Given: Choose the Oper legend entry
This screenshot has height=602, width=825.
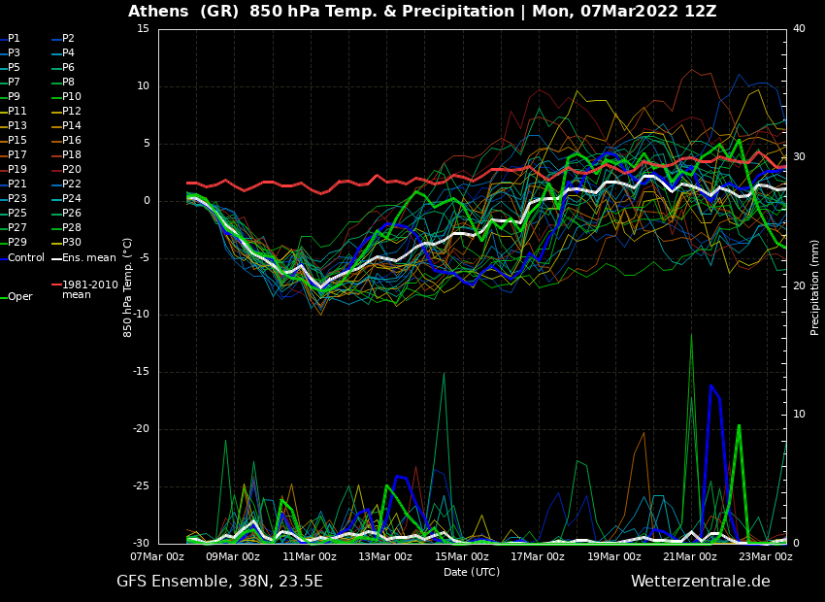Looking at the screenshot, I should coord(19,297).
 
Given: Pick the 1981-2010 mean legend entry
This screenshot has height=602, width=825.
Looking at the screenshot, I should coord(89,289).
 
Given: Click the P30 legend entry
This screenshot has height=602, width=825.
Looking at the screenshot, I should coord(72,243).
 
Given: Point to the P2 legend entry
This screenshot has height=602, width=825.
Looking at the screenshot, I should coord(68,39).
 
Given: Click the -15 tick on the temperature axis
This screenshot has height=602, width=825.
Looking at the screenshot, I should coord(143,372).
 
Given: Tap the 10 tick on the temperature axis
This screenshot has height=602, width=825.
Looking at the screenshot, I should coord(143,86).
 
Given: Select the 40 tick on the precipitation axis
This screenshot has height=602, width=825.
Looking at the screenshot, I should coord(799,29).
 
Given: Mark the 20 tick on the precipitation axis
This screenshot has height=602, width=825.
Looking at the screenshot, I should coord(799,285).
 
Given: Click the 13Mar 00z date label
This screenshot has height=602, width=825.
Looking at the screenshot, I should coord(385,556).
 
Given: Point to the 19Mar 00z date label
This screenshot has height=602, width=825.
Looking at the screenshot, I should coord(614,556).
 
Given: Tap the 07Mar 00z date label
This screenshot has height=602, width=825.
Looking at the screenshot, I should coord(157,556).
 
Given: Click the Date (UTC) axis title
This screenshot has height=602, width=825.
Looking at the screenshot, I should coord(472,572).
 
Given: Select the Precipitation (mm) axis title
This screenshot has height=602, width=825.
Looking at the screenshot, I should coord(815,286).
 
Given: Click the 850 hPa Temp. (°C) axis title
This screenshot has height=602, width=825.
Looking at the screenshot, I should coord(128,286).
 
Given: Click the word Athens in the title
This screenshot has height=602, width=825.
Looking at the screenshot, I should coord(159,12).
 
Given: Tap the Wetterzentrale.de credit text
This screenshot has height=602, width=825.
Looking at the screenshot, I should coord(700,582).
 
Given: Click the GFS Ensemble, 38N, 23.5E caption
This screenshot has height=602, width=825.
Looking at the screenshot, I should coord(219,582).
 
